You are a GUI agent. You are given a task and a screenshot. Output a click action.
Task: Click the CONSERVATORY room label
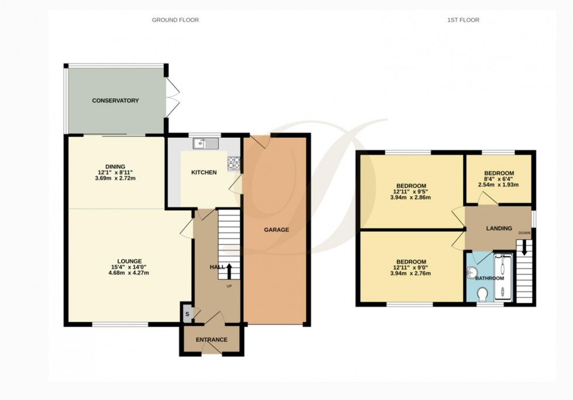[x=115, y=100]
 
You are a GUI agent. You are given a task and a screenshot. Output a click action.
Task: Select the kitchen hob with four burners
[x=234, y=164]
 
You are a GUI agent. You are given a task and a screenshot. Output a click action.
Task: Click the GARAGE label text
[x=276, y=229]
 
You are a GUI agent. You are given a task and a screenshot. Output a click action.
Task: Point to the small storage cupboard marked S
[x=187, y=314]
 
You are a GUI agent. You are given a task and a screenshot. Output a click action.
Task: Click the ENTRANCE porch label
[x=211, y=340]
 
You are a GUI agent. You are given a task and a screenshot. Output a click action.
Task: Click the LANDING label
[x=499, y=228]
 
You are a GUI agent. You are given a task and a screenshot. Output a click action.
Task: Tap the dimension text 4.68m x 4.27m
[x=121, y=273]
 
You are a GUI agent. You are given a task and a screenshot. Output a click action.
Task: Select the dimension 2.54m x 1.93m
[x=498, y=185]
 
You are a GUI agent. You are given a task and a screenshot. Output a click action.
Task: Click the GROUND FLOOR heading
[x=175, y=20]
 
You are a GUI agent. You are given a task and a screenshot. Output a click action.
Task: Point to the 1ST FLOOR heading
[x=463, y=20]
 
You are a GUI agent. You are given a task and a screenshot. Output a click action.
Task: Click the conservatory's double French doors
[x=171, y=97]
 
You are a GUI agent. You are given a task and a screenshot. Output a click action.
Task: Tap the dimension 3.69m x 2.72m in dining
[x=115, y=178]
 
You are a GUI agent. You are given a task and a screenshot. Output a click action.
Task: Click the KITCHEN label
[x=204, y=172]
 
